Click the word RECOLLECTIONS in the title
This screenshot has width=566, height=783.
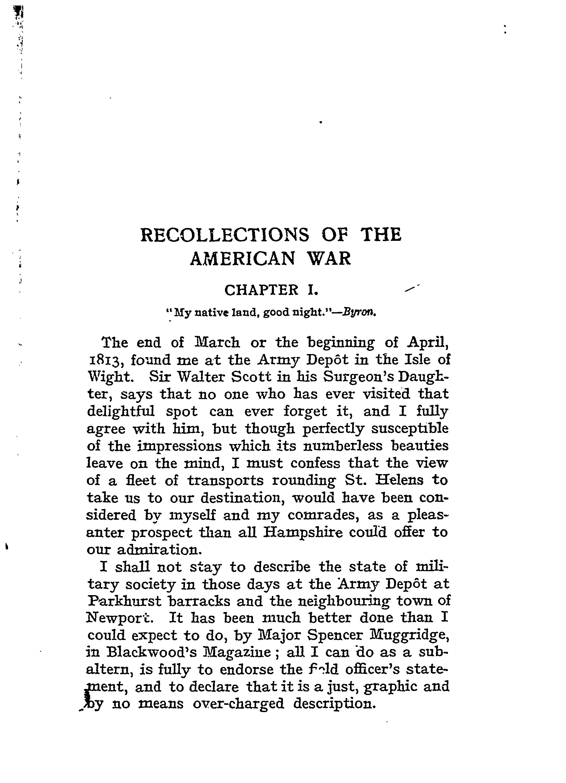click(x=225, y=235)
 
